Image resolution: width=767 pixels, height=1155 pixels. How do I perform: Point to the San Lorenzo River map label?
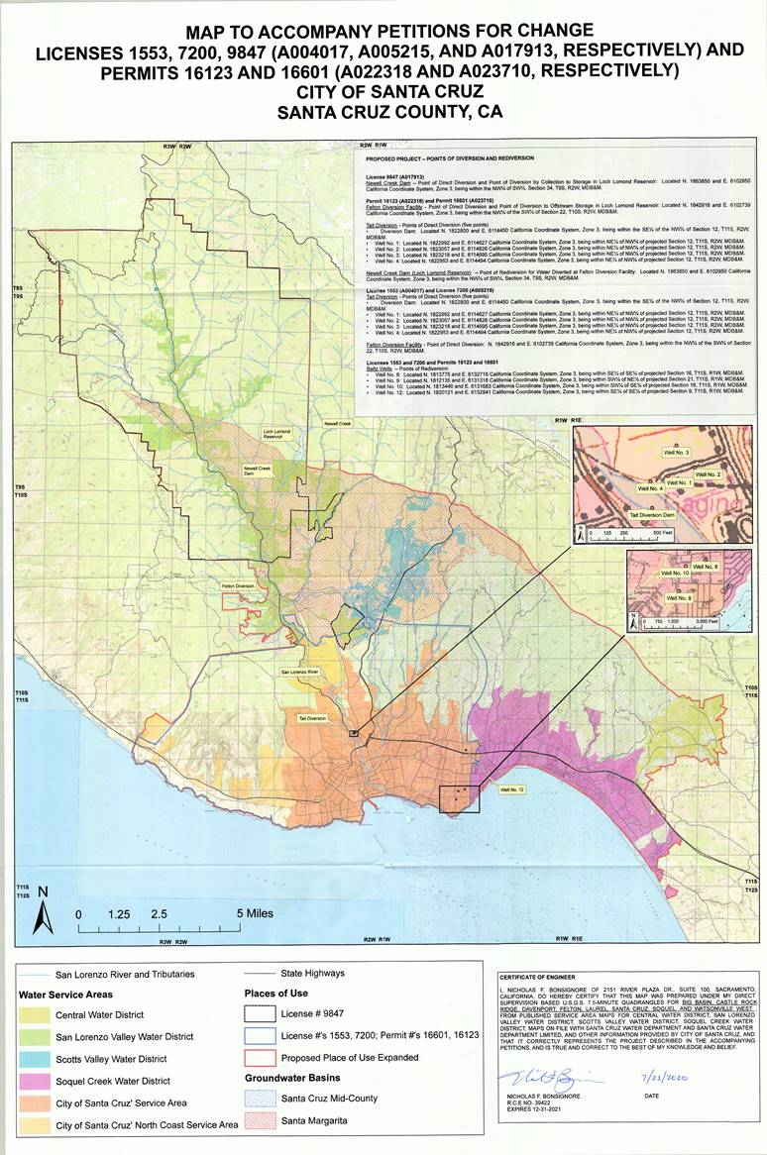click(297, 672)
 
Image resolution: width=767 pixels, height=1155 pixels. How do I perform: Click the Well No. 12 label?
click(511, 789)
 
